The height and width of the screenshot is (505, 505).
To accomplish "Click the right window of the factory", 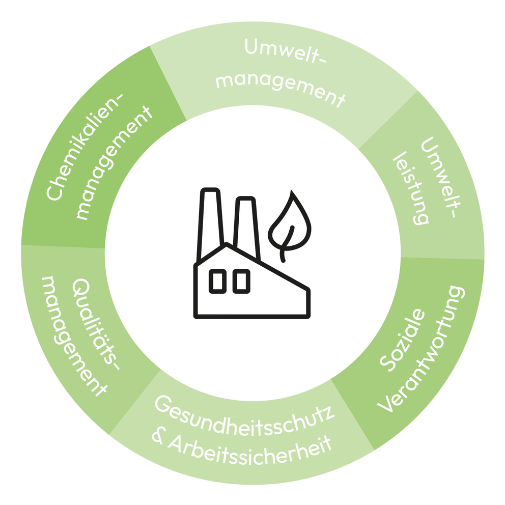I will point(241,281).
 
